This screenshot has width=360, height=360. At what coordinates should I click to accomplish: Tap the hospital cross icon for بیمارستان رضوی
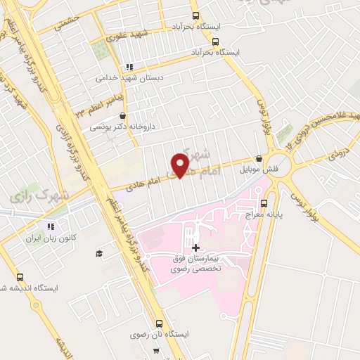pos(195,247)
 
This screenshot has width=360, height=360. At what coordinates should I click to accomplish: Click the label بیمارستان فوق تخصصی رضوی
pos(196,264)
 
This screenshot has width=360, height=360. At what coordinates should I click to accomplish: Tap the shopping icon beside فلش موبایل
pos(259,158)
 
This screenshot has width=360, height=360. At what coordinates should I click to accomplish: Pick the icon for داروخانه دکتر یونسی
pos(124,117)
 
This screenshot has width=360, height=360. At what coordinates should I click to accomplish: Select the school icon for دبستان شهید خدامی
pos(129,67)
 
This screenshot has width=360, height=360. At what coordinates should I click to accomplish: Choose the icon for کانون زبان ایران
pos(50,226)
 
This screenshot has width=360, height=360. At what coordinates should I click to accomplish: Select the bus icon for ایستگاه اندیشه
pos(20,276)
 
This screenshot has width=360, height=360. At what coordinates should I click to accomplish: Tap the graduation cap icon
pos(99,253)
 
